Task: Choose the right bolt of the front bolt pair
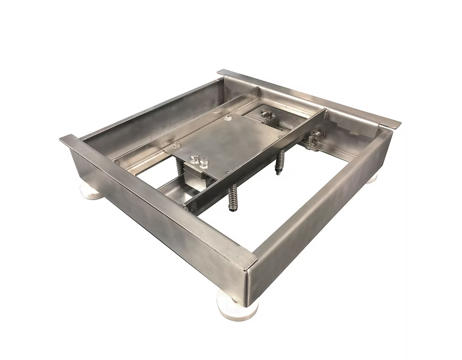tap(204, 161)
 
